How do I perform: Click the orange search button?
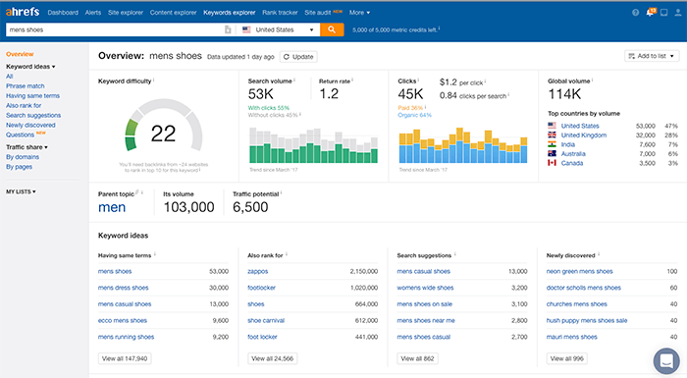[332, 29]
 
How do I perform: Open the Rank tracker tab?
[281, 13]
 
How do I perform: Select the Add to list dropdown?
[652, 57]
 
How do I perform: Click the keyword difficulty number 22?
[163, 133]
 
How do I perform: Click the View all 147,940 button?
[126, 358]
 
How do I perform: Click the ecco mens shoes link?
[126, 319]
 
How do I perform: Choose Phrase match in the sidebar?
[26, 84]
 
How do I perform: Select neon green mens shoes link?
[585, 270]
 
